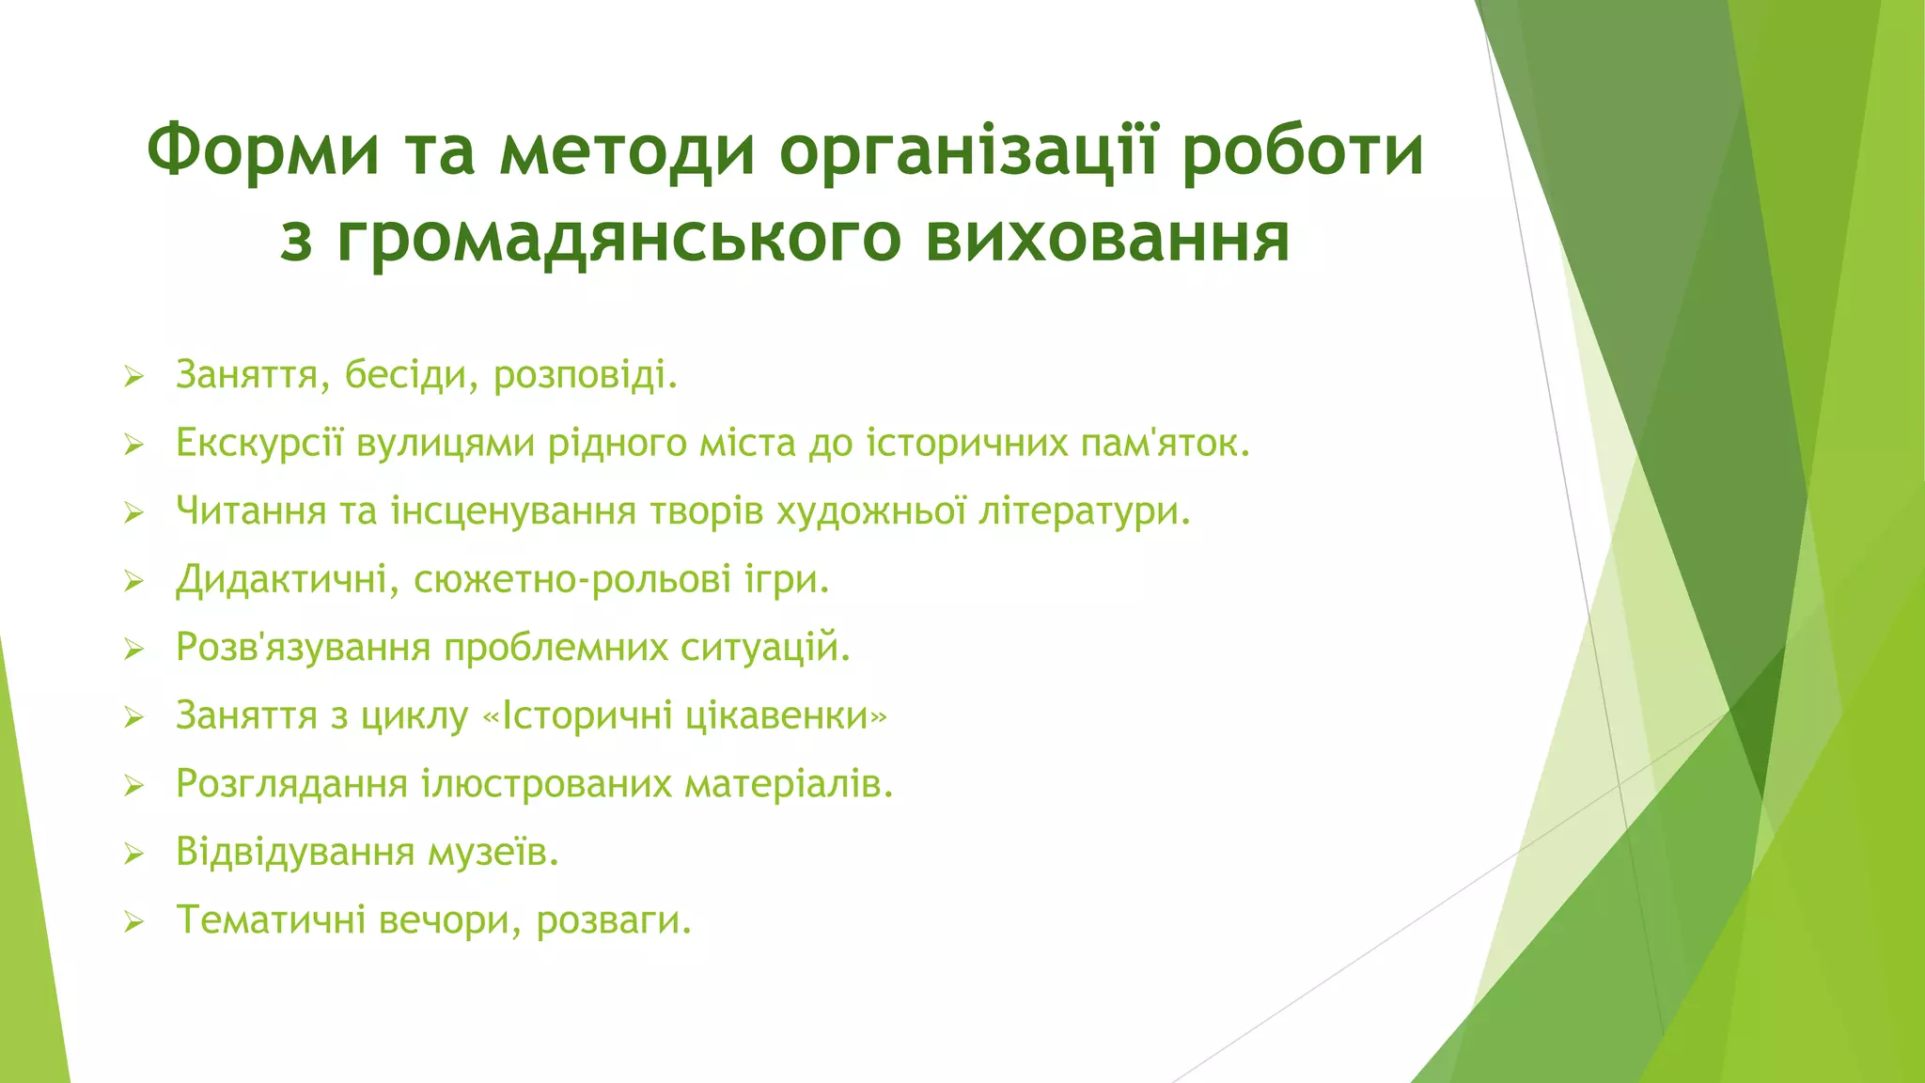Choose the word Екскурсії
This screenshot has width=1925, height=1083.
[x=259, y=443]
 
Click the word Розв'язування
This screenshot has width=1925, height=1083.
[x=303, y=648]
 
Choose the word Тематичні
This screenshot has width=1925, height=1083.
[x=271, y=920]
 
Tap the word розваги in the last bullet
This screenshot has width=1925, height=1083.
[x=613, y=920]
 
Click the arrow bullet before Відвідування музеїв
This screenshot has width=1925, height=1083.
[x=133, y=854]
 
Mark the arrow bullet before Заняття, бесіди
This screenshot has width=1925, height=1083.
[x=133, y=378]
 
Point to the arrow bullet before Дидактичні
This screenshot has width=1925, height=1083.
[x=133, y=582]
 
